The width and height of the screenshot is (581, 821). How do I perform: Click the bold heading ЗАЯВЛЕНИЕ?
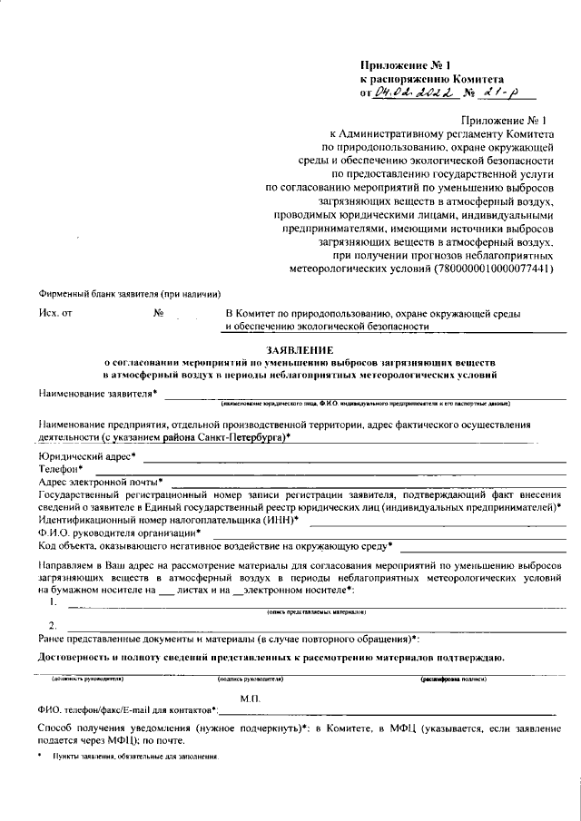click(x=300, y=349)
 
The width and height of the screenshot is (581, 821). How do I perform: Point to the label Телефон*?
click(x=61, y=468)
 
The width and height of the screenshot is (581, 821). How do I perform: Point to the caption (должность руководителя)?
click(x=87, y=679)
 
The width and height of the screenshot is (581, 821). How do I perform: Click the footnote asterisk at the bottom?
click(x=41, y=756)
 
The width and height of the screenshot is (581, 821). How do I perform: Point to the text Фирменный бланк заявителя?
click(x=130, y=294)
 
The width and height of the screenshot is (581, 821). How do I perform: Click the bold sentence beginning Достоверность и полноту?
click(x=271, y=657)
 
